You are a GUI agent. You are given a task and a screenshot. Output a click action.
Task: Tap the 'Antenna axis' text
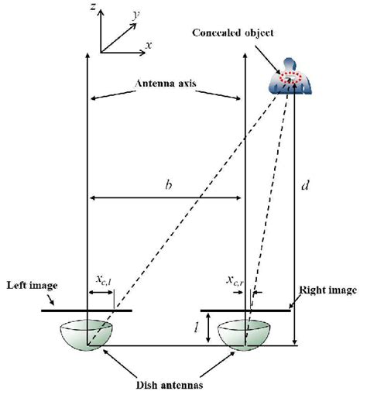click(x=166, y=84)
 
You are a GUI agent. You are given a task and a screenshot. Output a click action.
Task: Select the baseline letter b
click(x=166, y=185)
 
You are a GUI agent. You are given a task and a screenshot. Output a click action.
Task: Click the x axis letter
click(x=147, y=45)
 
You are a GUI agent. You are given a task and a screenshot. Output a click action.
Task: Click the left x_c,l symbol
click(x=100, y=279)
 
